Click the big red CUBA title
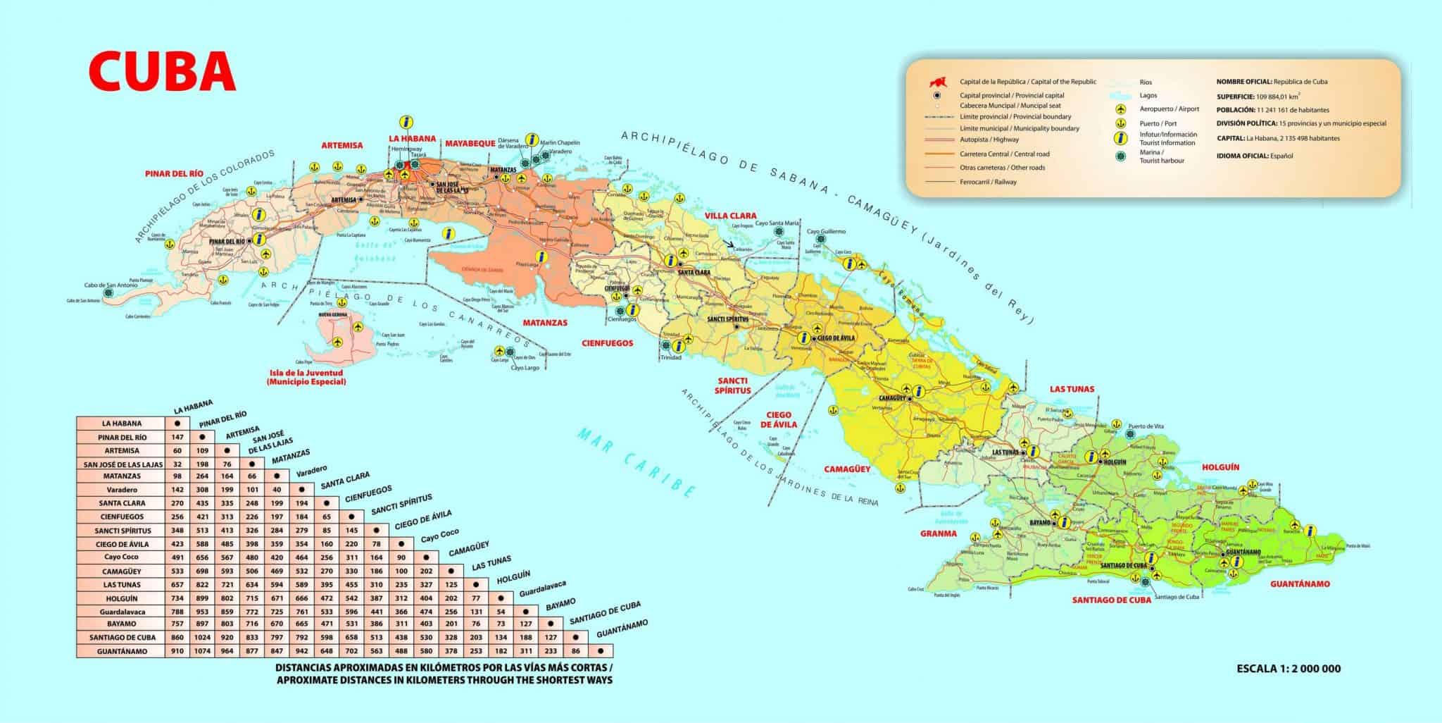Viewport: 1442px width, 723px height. click(161, 71)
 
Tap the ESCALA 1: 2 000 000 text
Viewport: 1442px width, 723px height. click(1289, 669)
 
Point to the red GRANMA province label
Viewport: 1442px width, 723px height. click(938, 533)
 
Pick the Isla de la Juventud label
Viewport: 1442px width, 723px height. click(306, 377)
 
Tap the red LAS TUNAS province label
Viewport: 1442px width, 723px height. click(1072, 389)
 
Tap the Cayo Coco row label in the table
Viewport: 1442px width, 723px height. click(122, 557)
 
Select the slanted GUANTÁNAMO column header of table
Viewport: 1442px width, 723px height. click(620, 629)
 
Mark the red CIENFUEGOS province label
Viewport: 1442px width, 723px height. click(608, 344)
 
